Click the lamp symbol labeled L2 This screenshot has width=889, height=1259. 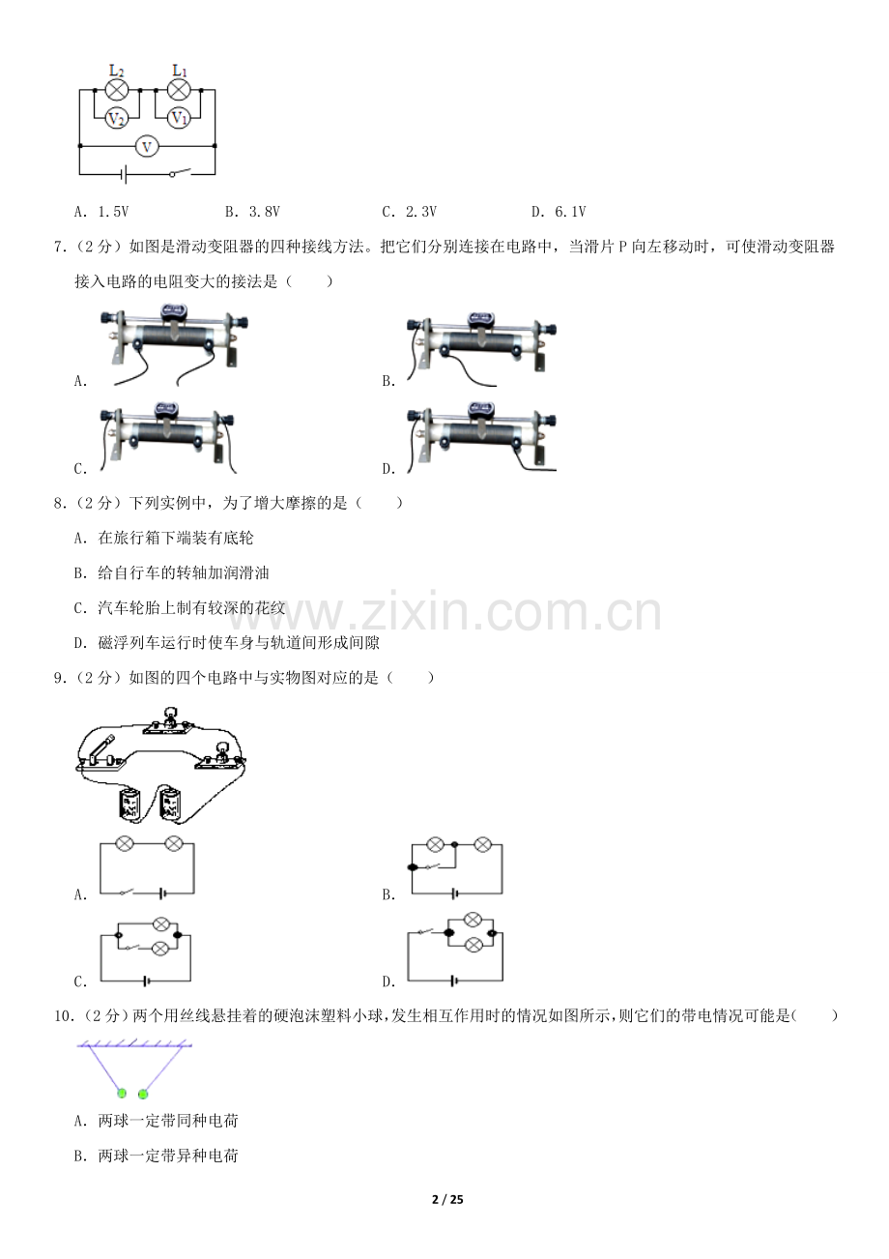[117, 90]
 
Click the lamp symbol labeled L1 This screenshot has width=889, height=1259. [179, 90]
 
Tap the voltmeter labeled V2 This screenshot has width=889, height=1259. [117, 119]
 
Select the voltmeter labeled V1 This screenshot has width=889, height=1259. [179, 118]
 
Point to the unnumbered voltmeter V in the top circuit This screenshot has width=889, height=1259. [147, 147]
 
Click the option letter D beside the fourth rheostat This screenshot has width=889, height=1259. [388, 469]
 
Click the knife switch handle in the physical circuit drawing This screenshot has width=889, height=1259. [102, 747]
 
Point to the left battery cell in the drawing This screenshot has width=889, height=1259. [129, 804]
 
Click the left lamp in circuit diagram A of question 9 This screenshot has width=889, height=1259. [124, 843]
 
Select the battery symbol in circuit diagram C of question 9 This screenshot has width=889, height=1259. [147, 981]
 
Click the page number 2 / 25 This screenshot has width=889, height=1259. [447, 1199]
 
